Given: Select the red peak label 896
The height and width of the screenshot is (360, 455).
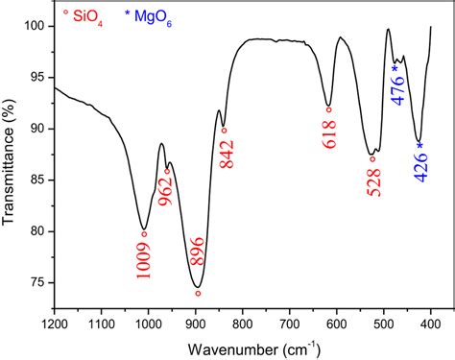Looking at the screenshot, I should coord(199,261).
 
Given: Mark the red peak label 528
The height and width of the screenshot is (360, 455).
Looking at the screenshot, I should coord(373,180).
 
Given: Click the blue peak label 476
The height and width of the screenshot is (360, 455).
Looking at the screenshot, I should coord(398,92).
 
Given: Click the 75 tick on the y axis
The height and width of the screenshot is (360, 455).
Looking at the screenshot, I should coord(37,282).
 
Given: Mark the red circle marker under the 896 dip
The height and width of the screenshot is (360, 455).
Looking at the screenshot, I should coord(199,293).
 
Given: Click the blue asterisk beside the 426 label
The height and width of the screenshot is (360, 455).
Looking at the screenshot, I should coord(419,145).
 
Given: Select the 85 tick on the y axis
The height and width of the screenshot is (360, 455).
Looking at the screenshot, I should coord(37,180).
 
